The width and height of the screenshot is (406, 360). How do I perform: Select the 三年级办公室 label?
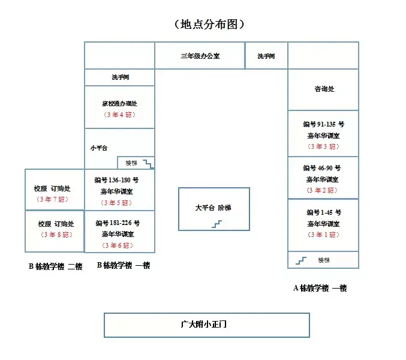coord(200,56)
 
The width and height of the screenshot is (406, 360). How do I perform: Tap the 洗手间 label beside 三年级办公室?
coord(266,56)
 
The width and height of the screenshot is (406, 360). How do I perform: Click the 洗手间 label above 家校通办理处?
coord(120,77)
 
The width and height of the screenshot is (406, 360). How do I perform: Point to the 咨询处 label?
coord(324,89)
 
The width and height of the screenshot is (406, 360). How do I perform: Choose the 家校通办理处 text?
coord(119,103)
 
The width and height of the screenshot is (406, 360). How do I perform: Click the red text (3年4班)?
coord(119,115)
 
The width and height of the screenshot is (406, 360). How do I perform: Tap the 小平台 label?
coord(99,148)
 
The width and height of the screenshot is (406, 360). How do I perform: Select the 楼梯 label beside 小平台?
coord(131,163)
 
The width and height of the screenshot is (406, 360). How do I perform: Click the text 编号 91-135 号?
coord(323,124)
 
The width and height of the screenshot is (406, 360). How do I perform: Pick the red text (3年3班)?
coord(323,146)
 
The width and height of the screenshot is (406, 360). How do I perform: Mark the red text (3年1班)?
coord(323,235)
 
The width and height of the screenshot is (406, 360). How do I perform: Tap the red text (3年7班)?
coord(54,199)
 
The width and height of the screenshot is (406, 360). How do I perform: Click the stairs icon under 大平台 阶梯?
coord(216,224)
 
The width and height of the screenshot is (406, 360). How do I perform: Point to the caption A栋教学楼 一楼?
coord(320,288)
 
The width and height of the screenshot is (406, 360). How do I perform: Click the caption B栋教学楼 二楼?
coord(55,266)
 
